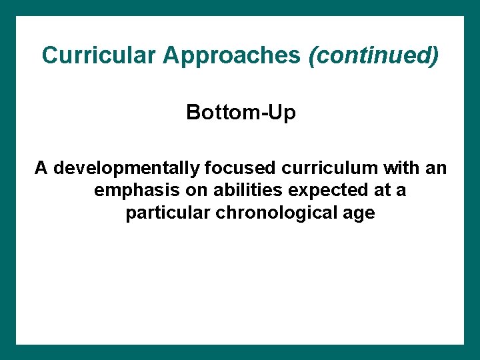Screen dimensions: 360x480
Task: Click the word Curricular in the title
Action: (x=99, y=55)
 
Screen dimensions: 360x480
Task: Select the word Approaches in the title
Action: (x=231, y=55)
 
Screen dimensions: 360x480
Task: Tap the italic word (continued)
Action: (x=374, y=55)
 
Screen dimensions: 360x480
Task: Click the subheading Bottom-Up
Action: (x=241, y=113)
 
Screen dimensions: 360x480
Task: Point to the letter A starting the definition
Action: (x=41, y=168)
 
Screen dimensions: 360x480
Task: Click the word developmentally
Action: (x=125, y=168)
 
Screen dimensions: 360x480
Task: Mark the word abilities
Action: (x=245, y=191)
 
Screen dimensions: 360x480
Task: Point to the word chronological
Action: (x=274, y=214)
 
